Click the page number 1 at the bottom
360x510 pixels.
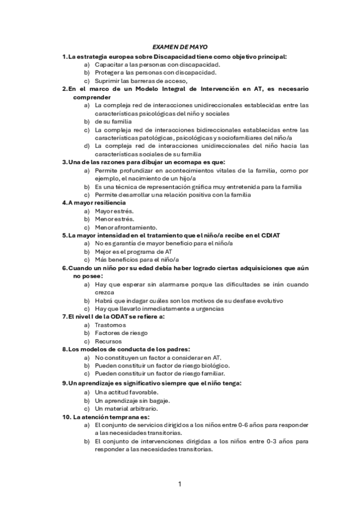[x=180, y=484]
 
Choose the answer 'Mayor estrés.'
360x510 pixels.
[x=114, y=211]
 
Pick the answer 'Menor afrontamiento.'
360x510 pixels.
[x=126, y=227]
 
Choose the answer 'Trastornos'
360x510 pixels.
[x=110, y=325]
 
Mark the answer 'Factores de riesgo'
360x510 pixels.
[x=121, y=333]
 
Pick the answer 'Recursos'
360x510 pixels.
[x=108, y=341]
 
